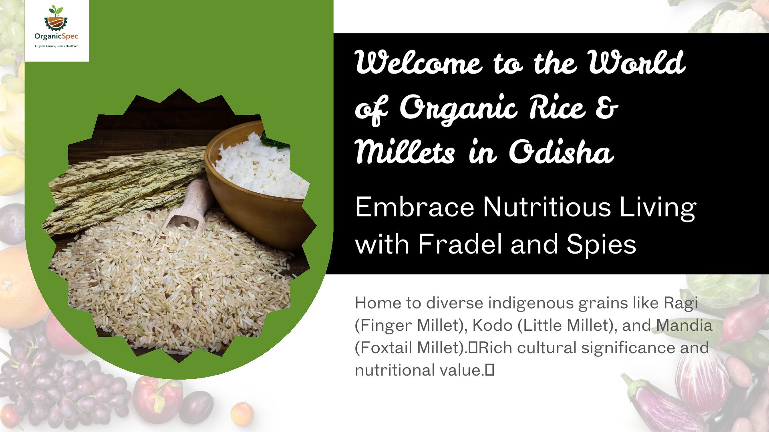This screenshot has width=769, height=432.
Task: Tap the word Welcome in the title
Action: [x=419, y=62]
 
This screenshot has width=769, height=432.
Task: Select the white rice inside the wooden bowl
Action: [x=260, y=168]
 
